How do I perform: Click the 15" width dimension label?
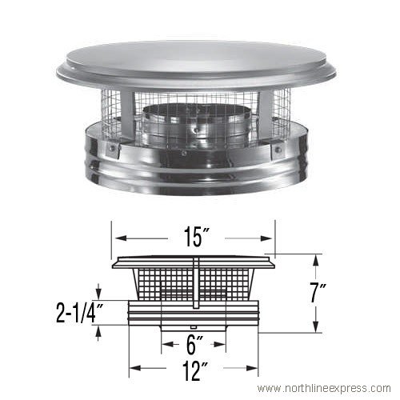tap(196, 238)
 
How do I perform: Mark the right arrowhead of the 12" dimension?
tap(257, 370)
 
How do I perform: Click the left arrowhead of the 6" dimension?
tap(164, 345)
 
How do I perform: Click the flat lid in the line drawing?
tap(195, 261)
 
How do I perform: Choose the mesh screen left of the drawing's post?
tap(160, 284)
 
